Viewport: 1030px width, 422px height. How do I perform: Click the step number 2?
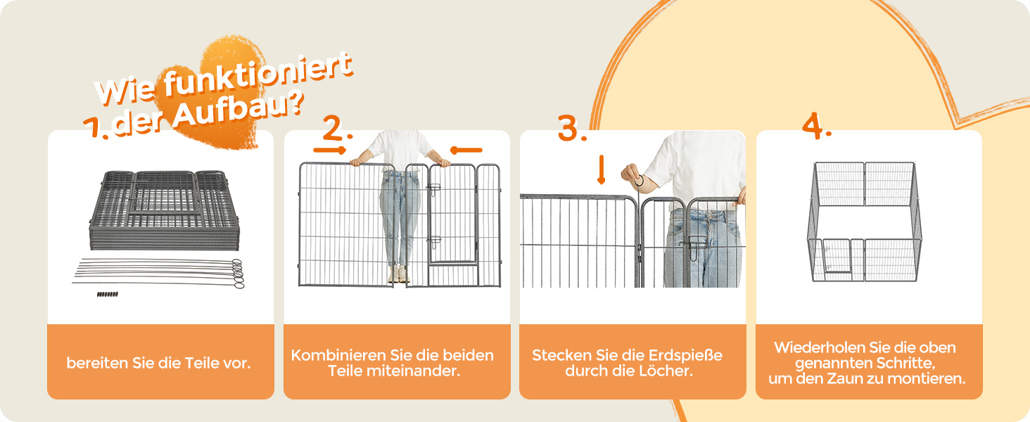click(x=337, y=127)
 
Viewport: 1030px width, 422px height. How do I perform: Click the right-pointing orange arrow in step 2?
click(x=329, y=150)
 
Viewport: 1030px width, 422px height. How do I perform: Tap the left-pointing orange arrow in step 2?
click(x=466, y=150)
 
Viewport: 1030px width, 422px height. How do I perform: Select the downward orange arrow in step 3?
click(x=601, y=170)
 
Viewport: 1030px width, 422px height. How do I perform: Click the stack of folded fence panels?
click(x=164, y=210)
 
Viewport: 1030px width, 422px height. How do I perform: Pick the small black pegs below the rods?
click(x=107, y=294)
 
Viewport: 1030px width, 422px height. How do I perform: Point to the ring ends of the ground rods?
click(x=238, y=274)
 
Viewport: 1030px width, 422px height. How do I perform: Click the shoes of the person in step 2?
click(x=398, y=274)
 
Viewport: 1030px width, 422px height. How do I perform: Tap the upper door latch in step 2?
click(x=433, y=188)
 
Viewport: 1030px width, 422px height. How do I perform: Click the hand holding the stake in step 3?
click(x=632, y=175)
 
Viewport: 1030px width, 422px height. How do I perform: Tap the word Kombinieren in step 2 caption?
click(x=338, y=355)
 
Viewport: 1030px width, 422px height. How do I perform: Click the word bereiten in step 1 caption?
click(x=97, y=363)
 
